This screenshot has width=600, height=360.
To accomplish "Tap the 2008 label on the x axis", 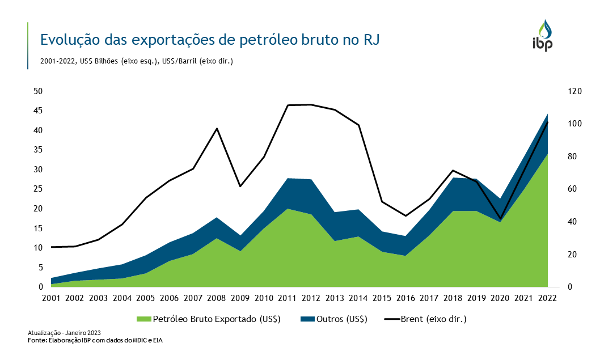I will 217,298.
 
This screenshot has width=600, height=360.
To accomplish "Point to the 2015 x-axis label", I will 382,298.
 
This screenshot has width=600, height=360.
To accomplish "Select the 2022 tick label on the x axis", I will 547,298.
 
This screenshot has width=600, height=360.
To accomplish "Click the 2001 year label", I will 52,298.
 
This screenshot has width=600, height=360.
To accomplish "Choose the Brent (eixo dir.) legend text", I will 433,319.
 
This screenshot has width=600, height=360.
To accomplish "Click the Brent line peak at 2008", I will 217,129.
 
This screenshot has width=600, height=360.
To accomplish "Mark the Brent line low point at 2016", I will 405,215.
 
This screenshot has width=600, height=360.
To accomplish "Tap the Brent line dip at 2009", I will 240,186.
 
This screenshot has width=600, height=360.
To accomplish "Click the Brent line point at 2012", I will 311,104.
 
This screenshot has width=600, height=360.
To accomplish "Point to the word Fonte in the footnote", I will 37,340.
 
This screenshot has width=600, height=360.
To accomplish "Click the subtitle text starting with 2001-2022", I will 136,60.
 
